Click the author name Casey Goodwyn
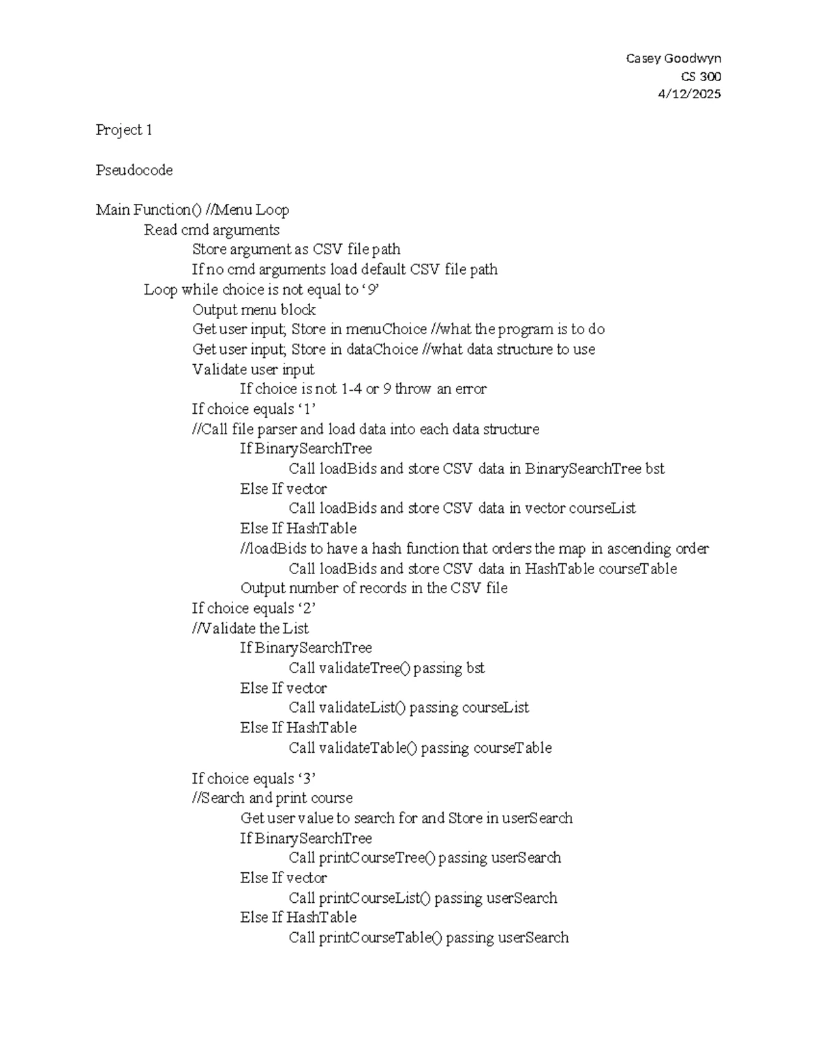(673, 59)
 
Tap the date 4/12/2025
(688, 94)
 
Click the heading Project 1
(124, 130)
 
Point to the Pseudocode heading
(134, 170)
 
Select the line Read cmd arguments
(211, 230)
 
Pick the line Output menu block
(254, 310)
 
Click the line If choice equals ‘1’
(254, 409)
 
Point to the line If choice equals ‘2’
(254, 608)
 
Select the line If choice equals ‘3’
(254, 779)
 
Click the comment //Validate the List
(250, 628)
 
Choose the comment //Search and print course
(272, 798)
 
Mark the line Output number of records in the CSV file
(374, 588)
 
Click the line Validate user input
(253, 370)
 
